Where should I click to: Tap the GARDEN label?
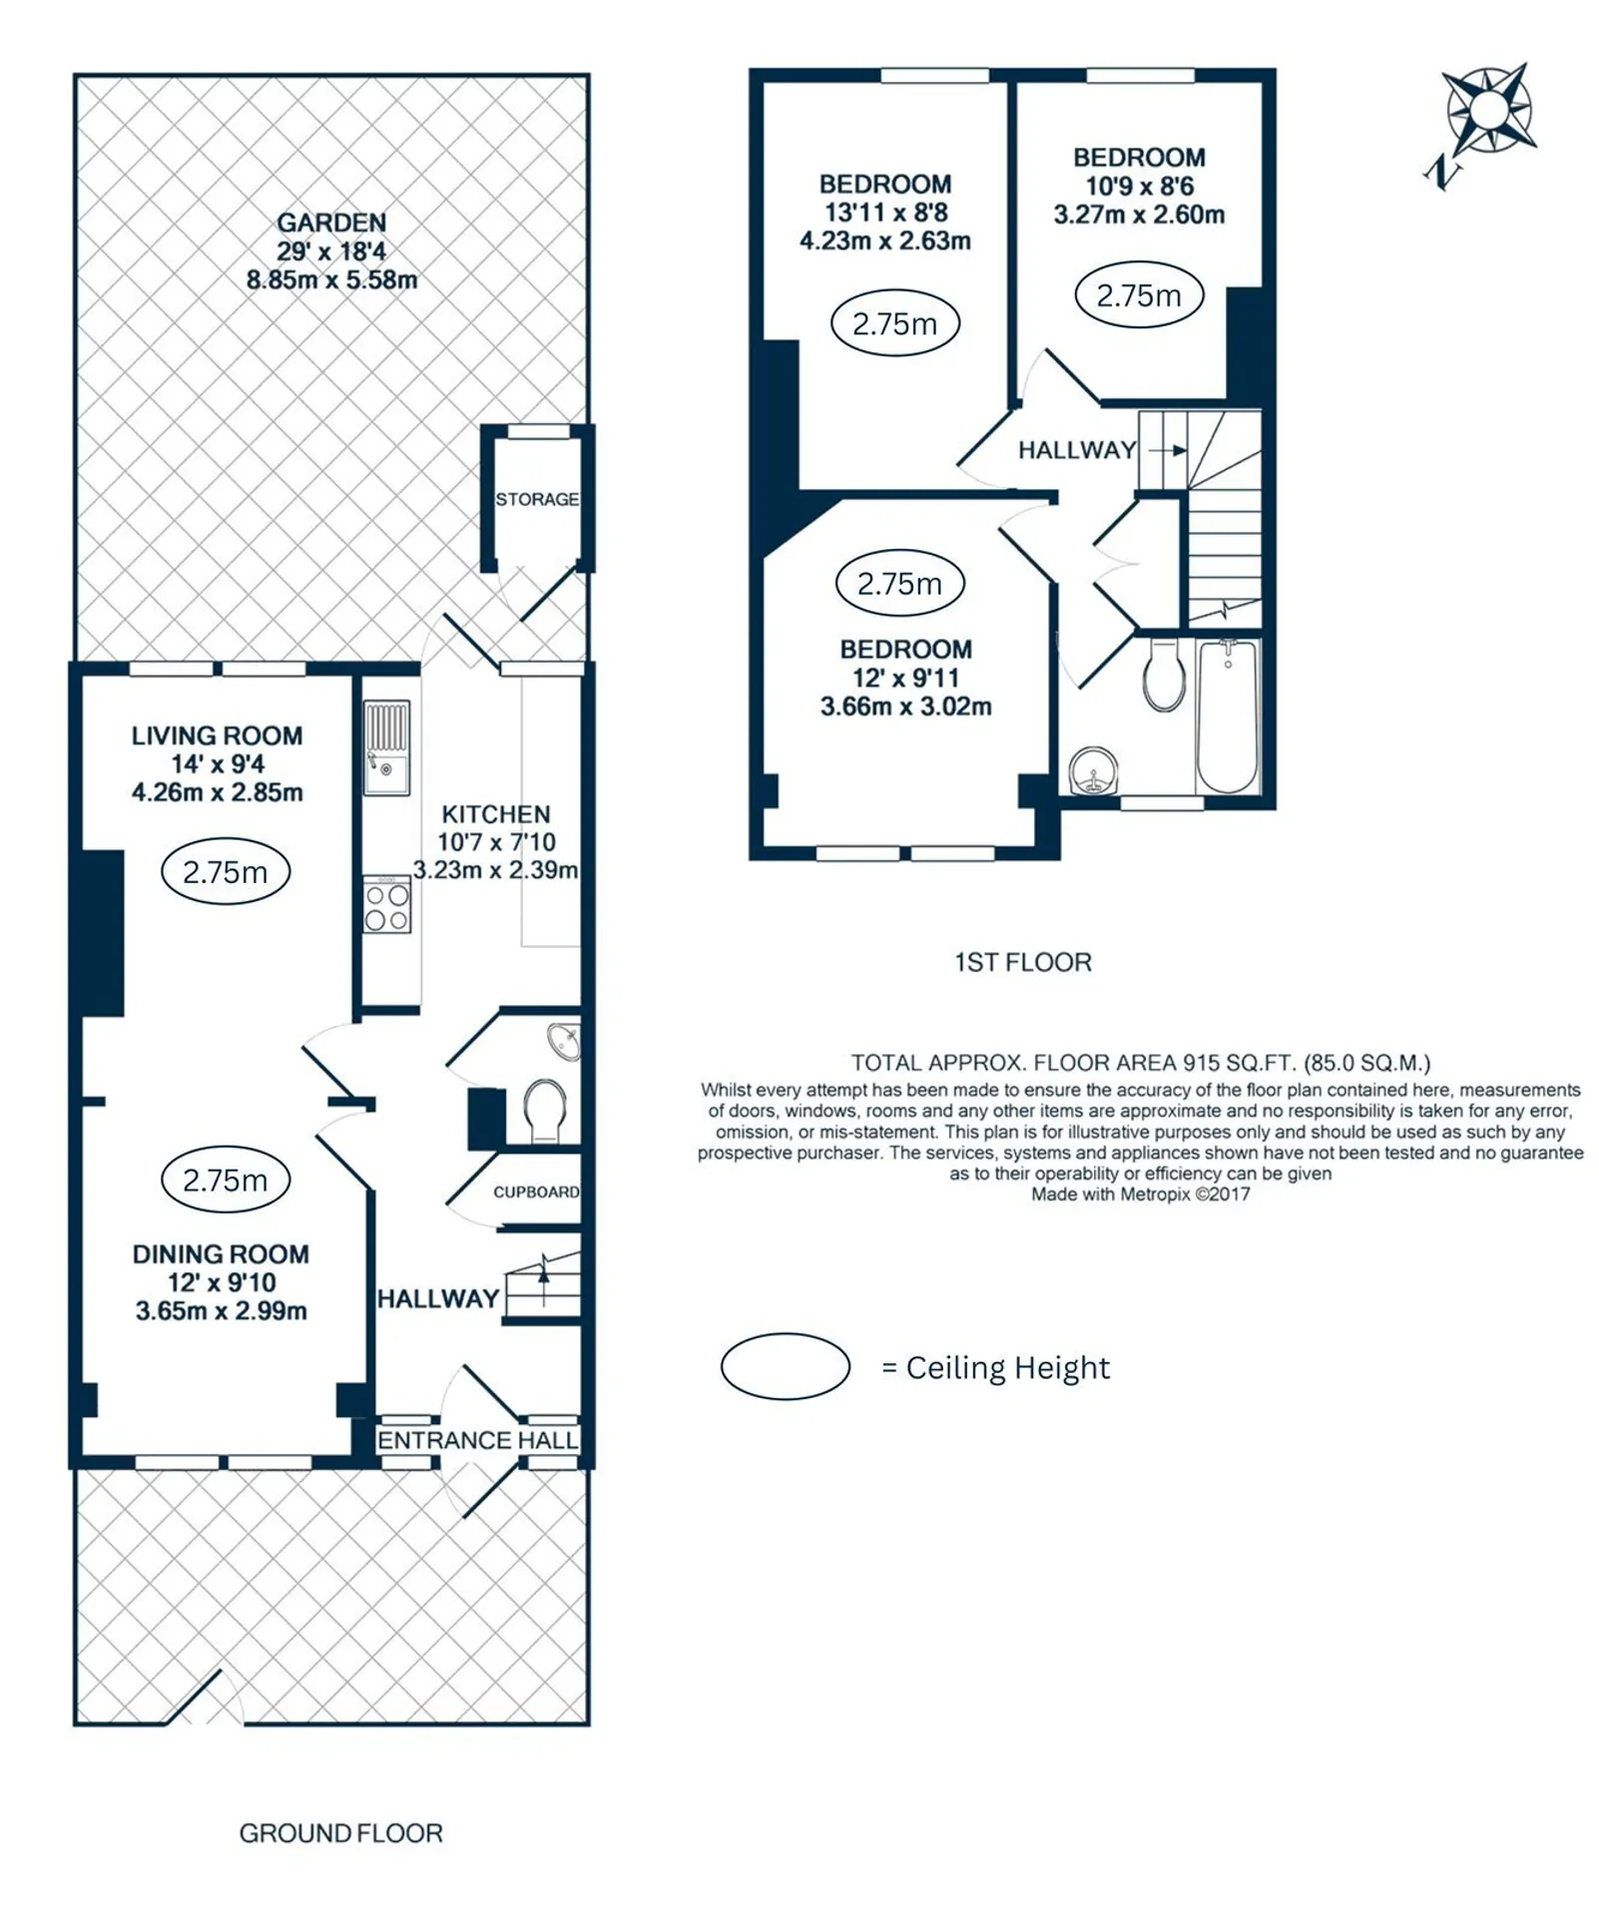[x=331, y=223]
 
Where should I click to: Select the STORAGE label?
[x=537, y=499]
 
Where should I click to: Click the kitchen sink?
[x=386, y=747]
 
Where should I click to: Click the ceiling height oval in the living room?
[x=226, y=872]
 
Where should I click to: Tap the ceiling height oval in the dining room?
[x=226, y=1181]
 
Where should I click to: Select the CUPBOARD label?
[x=536, y=1193]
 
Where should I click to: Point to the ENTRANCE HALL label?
[x=478, y=1440]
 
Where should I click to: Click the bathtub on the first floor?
[x=1229, y=717]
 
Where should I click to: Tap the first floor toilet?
[x=1164, y=675]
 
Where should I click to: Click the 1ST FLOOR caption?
[x=1023, y=962]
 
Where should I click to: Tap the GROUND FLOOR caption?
[x=340, y=1833]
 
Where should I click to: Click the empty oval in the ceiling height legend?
[x=786, y=1366]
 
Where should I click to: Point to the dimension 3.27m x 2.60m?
[x=1139, y=215]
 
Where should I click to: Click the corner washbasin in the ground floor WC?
[x=566, y=1041]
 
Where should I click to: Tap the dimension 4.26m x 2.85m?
[x=218, y=792]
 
